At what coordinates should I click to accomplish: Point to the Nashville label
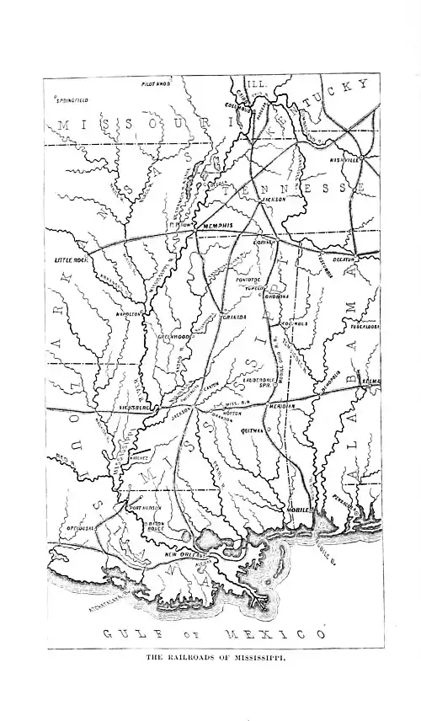click(345, 158)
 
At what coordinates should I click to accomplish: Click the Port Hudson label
click(145, 509)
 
